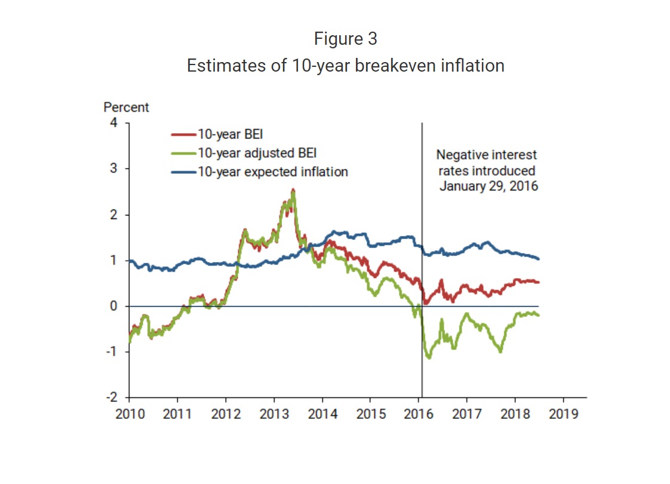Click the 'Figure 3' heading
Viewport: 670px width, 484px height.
(345, 39)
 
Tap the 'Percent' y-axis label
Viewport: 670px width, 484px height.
(126, 107)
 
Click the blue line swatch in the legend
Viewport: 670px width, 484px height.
(183, 172)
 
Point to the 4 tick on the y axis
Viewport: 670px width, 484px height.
(114, 122)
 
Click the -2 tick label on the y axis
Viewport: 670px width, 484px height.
(112, 397)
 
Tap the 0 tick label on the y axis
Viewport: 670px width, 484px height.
(114, 306)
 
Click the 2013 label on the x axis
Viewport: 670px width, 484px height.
(274, 414)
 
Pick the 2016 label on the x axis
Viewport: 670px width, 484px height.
(419, 414)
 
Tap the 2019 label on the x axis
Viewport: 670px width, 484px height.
(563, 414)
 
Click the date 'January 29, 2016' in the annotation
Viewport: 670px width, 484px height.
(489, 186)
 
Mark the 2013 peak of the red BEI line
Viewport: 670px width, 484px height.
(293, 190)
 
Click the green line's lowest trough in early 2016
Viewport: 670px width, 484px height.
(428, 358)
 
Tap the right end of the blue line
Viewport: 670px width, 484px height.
(539, 258)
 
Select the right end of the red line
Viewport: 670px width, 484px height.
(539, 282)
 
